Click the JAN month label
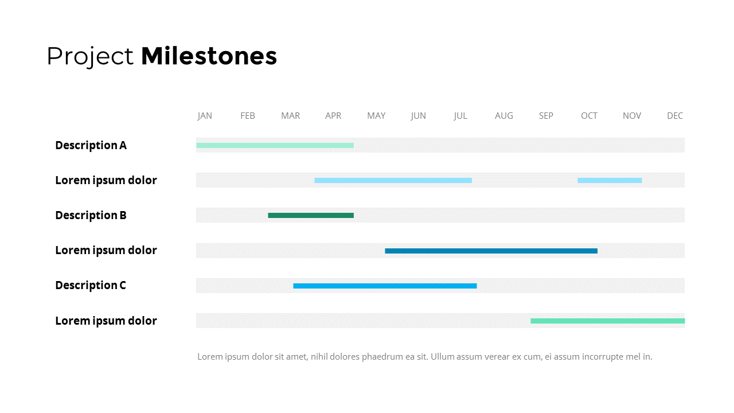point(205,116)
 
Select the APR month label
point(333,116)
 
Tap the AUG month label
point(503,116)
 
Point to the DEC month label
point(675,116)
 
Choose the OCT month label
point(589,116)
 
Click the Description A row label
point(91,145)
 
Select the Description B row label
point(91,215)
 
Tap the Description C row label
point(91,285)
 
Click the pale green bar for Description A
point(275,146)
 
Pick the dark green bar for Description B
point(311,215)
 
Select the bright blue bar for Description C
point(385,286)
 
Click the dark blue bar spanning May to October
point(491,251)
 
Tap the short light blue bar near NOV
point(610,180)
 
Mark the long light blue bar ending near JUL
point(393,180)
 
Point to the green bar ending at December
point(607,321)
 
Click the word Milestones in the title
point(209,56)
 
